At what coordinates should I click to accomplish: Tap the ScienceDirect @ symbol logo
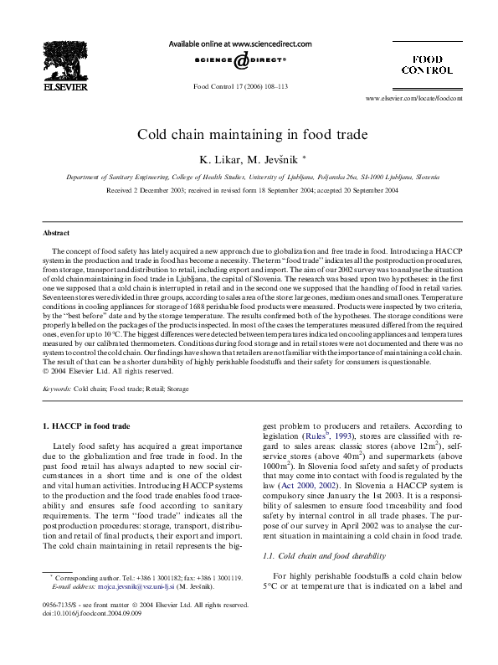pos(240,60)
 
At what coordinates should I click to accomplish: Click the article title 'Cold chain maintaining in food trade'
pos(249,133)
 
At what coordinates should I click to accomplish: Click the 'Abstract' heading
pos(56,232)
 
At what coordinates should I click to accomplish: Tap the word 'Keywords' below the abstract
pos(59,390)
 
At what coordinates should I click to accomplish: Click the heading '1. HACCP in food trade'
pos(86,428)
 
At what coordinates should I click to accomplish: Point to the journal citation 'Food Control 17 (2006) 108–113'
pos(240,86)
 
